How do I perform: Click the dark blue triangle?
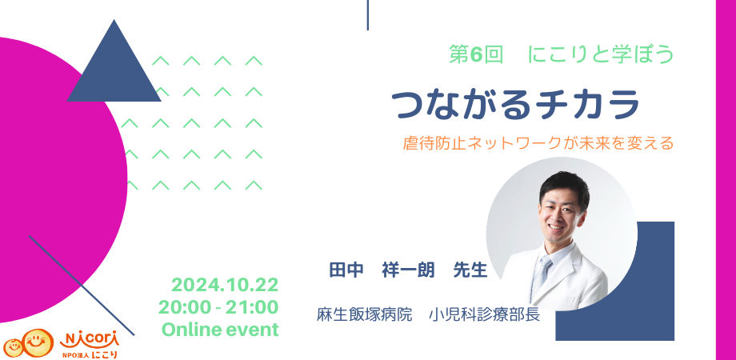[x=114, y=70]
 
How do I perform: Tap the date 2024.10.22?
[x=225, y=285]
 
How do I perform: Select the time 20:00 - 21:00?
[x=218, y=307]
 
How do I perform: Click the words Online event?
[x=220, y=330]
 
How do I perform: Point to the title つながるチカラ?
[x=515, y=104]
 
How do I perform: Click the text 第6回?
[x=476, y=55]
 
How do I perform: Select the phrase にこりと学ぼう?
[x=601, y=55]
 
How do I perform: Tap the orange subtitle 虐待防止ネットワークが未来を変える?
[x=538, y=142]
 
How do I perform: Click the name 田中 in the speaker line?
[x=347, y=271]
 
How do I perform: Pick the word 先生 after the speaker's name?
[x=470, y=271]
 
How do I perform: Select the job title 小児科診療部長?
[x=485, y=314]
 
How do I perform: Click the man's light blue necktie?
[x=542, y=274]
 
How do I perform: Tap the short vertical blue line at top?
[x=367, y=15]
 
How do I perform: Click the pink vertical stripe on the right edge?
[x=726, y=180]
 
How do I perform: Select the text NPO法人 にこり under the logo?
[x=89, y=354]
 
